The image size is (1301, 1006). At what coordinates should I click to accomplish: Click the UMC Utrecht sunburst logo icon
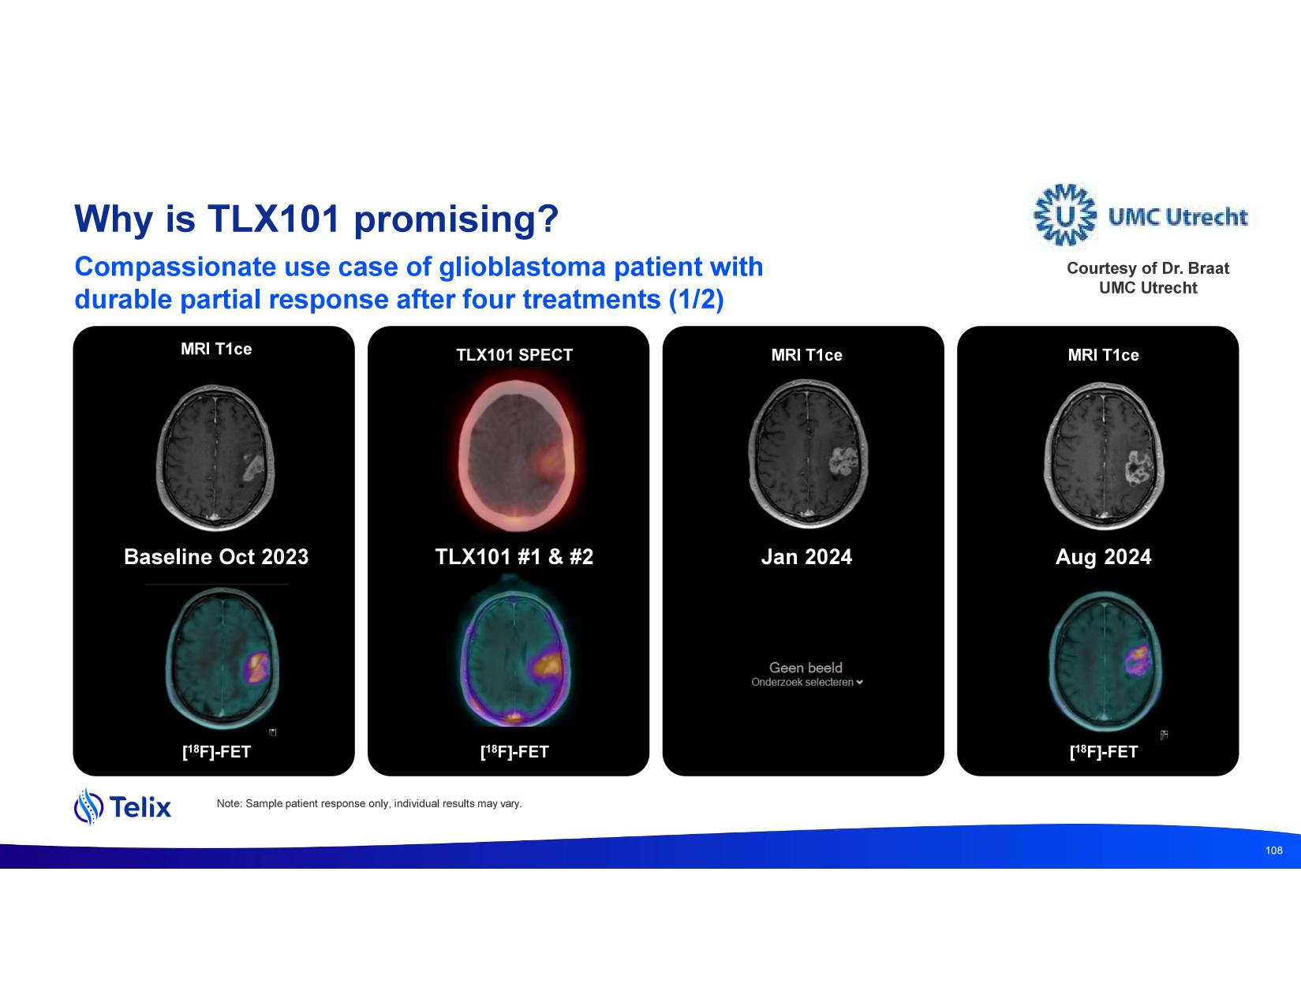point(1065,215)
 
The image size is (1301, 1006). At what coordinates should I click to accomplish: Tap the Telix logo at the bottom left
point(122,806)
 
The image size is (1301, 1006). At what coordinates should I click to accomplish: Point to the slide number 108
point(1273,851)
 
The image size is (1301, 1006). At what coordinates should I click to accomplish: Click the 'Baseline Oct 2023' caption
point(216,556)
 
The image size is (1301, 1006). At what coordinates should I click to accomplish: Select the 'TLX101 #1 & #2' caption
point(514,556)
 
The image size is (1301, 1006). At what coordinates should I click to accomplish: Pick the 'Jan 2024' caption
point(806,556)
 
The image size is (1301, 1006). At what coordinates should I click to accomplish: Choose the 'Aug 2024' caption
point(1103,557)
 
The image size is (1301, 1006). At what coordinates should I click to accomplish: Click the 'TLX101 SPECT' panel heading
point(514,355)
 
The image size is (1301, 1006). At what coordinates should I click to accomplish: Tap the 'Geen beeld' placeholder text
point(806,668)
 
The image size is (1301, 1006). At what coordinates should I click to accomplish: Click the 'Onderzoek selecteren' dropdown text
point(806,683)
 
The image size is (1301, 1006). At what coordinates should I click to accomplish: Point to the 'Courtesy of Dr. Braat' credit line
point(1148,268)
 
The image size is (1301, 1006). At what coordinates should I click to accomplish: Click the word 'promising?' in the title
point(456,219)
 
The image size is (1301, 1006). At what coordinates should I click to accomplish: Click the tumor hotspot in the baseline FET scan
point(258,668)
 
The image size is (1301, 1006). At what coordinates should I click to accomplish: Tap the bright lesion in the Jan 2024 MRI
point(843,462)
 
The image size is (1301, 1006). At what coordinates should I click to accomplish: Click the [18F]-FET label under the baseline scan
point(216,751)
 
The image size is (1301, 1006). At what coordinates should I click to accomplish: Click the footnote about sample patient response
point(368,804)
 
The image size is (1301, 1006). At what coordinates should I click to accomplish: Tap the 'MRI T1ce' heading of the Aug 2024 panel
point(1103,355)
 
